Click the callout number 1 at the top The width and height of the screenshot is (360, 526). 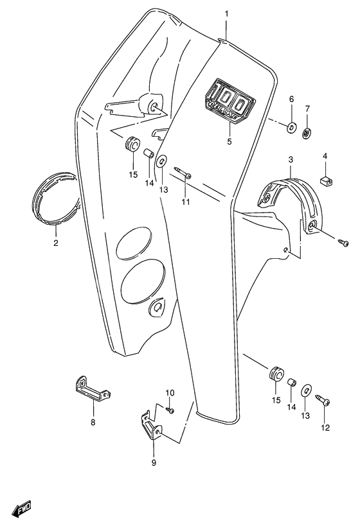coord(226,13)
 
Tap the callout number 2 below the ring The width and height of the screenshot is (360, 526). coord(55,243)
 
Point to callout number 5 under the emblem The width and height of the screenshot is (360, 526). coord(230,142)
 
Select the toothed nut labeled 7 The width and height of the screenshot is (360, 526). coord(307,133)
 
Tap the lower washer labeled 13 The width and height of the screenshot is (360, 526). coord(305,389)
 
